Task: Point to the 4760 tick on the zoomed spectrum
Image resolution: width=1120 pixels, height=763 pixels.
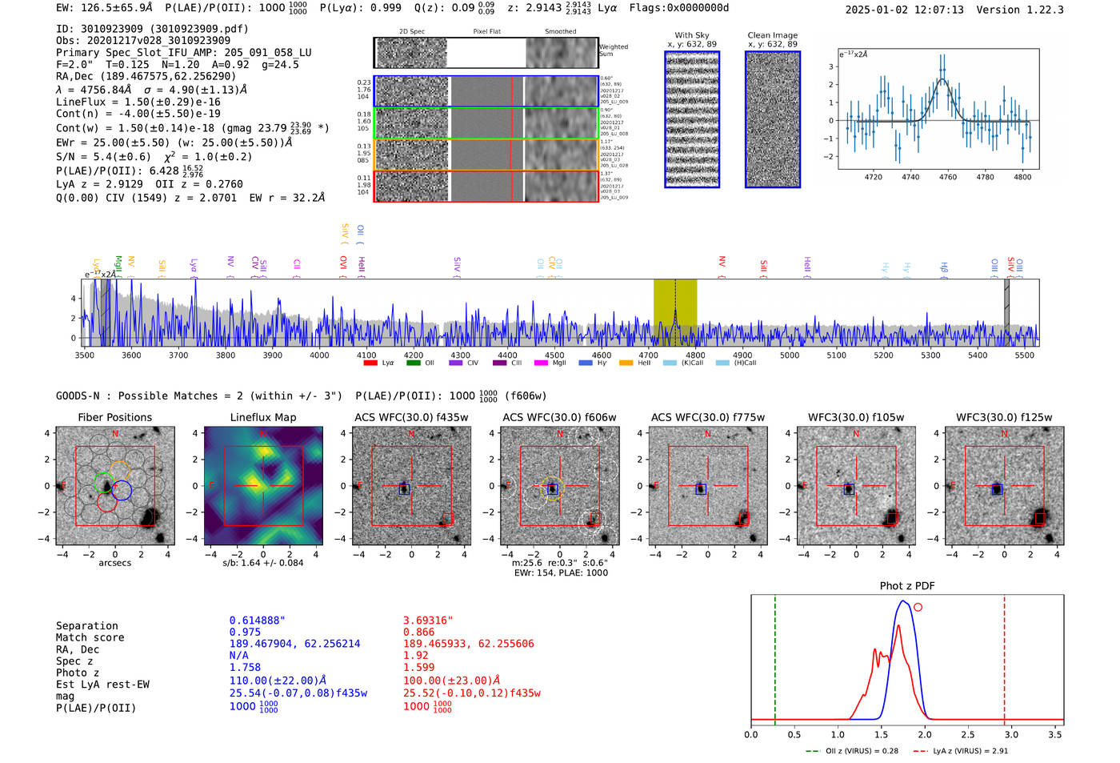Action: click(948, 177)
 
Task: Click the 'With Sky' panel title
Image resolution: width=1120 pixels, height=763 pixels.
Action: click(692, 35)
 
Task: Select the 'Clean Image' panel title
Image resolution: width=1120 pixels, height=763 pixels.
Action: click(772, 35)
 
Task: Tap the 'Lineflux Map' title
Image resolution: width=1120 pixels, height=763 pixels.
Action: click(263, 417)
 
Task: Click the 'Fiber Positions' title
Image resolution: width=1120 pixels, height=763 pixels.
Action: click(114, 417)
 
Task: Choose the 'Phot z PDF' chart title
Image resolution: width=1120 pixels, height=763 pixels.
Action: click(907, 586)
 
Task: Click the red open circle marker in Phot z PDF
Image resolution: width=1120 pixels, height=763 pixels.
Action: click(918, 608)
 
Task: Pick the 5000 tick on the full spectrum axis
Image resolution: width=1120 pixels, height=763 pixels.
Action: click(790, 355)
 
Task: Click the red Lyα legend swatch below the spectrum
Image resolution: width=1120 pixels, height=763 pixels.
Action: click(370, 363)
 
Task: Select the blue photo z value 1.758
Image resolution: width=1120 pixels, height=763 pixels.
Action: click(245, 667)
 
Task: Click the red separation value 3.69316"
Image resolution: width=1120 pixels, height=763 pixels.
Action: click(428, 620)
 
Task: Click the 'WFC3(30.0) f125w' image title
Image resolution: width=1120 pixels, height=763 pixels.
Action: click(1004, 417)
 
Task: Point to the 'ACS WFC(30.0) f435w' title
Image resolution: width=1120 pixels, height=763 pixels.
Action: click(411, 417)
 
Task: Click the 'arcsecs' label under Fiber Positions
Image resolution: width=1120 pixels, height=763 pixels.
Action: click(114, 563)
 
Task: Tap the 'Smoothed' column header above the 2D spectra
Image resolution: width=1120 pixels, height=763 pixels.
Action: click(560, 32)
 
